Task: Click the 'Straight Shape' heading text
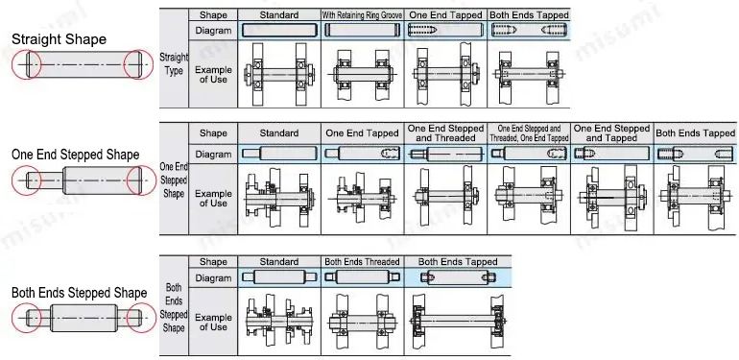[x=59, y=39]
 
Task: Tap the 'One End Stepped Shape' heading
[x=75, y=155]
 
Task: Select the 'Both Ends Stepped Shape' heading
[x=79, y=292]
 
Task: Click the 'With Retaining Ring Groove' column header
[x=362, y=15]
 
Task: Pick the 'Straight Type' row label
[x=174, y=64]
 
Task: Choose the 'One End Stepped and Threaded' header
[x=446, y=133]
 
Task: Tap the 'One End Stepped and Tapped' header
[x=611, y=133]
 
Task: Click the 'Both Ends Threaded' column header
[x=362, y=261]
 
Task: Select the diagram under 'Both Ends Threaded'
[x=362, y=277]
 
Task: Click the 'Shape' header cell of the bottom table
[x=213, y=261]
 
